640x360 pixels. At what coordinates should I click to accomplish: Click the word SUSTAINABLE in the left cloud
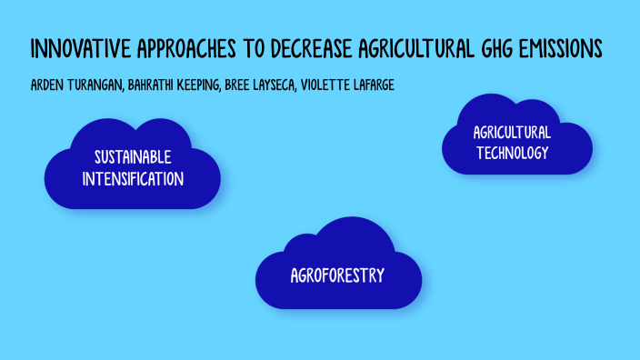pyautogui.click(x=133, y=158)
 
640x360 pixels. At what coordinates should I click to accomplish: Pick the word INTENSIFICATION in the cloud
pyautogui.click(x=133, y=178)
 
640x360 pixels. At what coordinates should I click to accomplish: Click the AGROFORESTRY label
pyautogui.click(x=338, y=275)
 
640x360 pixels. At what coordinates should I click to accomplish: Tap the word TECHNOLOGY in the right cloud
pyautogui.click(x=512, y=153)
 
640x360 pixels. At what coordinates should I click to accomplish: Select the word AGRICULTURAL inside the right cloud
pyautogui.click(x=512, y=134)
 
